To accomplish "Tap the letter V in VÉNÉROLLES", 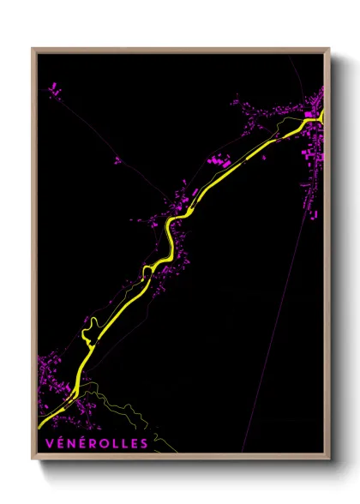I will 45,444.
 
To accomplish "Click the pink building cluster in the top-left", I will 53,88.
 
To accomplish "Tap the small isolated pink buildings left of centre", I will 117,159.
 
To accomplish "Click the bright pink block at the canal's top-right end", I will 309,113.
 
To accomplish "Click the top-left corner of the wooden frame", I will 33,49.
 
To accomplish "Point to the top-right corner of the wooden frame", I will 330,49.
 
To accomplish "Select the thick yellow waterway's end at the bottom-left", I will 40,424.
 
